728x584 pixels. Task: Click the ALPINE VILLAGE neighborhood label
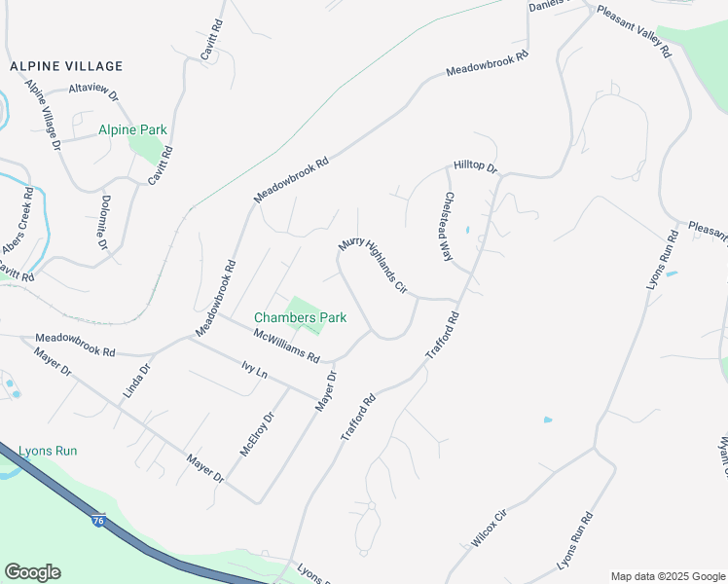(66, 66)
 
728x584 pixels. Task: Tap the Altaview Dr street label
(93, 92)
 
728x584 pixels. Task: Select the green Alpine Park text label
(132, 129)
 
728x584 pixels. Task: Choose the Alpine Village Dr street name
(44, 116)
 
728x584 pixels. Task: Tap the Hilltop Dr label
(475, 167)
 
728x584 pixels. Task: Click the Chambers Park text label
(300, 317)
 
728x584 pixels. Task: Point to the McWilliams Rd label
(286, 346)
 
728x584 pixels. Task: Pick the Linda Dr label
(139, 383)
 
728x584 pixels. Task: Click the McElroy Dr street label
(258, 433)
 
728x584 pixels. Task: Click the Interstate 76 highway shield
(97, 521)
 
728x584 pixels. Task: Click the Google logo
(32, 572)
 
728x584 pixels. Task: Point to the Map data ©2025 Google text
(667, 576)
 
